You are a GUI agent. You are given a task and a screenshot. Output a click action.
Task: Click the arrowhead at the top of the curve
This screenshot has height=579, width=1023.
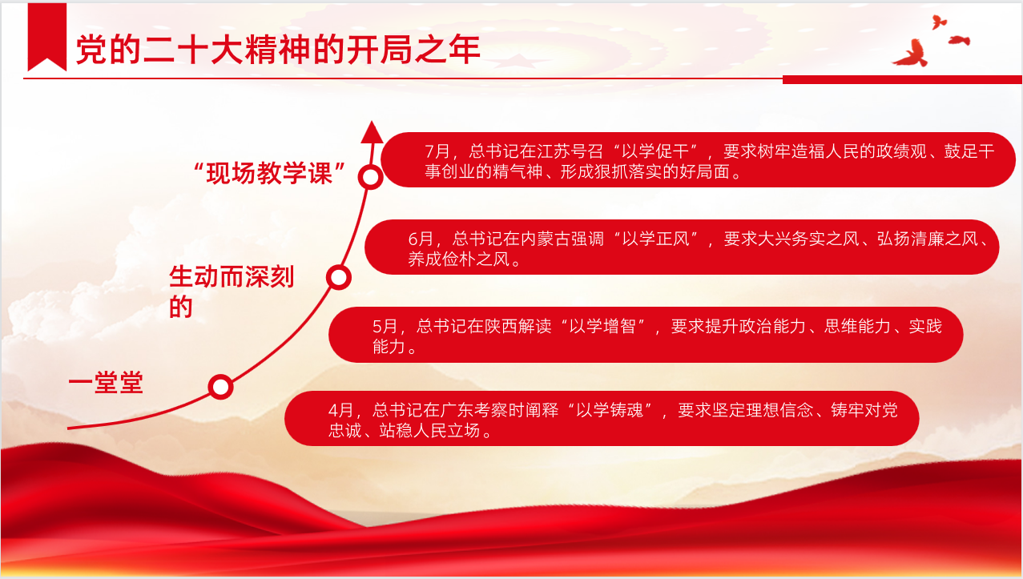point(372,132)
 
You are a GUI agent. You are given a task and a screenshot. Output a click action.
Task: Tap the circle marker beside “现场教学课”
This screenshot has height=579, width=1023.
point(370,177)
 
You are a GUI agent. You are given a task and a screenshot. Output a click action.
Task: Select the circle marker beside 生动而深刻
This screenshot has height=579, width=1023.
point(338,277)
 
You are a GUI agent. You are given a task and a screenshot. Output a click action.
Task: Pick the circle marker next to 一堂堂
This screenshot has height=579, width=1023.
point(220,387)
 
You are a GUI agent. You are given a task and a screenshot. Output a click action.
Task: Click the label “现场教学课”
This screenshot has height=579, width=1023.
point(269,173)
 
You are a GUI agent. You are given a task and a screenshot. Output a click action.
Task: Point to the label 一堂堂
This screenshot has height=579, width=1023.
point(106,383)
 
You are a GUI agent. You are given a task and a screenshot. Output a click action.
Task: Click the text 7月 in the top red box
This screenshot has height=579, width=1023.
point(437,151)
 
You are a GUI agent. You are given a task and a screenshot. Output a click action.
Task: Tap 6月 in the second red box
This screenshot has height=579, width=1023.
point(421,239)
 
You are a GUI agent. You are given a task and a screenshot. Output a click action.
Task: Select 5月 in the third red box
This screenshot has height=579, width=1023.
point(385,327)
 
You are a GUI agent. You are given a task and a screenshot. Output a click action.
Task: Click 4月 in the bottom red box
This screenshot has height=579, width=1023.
point(340,410)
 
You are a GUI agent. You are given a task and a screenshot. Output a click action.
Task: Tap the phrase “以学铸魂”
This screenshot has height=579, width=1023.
point(610,410)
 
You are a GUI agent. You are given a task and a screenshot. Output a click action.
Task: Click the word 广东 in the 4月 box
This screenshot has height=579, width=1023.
point(457,410)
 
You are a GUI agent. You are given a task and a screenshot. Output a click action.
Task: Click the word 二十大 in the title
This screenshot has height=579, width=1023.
point(192,50)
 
